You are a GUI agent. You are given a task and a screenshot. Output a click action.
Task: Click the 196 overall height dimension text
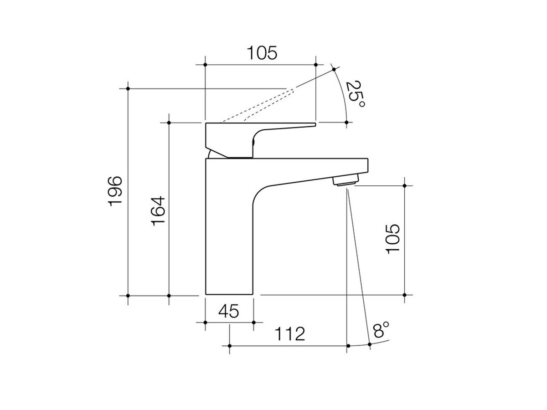[x=116, y=191]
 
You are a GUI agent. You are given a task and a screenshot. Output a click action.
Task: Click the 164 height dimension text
[x=157, y=210]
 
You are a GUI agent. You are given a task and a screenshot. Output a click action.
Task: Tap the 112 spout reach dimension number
[x=289, y=334]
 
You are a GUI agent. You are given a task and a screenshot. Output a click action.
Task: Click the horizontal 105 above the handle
[x=262, y=53]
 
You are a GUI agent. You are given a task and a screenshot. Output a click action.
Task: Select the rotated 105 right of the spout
[x=392, y=239]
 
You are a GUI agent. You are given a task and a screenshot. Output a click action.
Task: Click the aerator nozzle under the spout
[x=345, y=181]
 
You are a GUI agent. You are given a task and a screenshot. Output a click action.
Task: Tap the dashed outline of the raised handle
[x=260, y=105]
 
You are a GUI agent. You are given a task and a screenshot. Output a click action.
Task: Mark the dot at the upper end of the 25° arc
[x=334, y=69]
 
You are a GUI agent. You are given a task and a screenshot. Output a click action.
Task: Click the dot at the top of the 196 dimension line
[x=128, y=88]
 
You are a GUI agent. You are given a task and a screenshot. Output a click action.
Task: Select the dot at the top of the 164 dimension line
[x=169, y=123]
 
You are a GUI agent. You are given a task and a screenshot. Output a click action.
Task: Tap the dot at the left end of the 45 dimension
[x=205, y=323]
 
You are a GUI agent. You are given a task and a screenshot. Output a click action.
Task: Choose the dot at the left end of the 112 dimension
[x=229, y=346]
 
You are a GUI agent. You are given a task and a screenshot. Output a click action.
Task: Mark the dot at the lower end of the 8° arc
[x=370, y=345]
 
